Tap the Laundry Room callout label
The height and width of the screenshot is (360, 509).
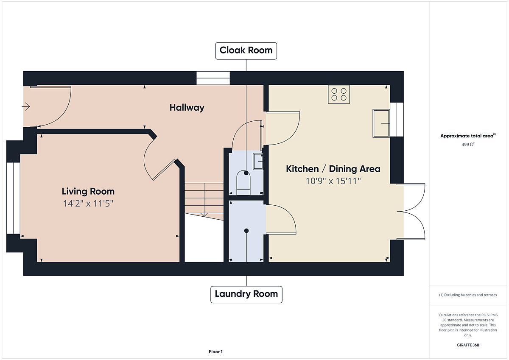coord(246,294)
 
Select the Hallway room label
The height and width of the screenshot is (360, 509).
coord(187,108)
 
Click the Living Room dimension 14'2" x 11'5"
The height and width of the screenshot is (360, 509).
coord(88,204)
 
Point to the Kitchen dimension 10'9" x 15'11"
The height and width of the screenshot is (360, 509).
coord(333,181)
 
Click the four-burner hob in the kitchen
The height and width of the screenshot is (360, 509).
coord(339,94)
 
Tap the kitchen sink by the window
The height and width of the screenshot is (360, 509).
coord(381,123)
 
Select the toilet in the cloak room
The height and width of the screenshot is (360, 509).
coord(243,183)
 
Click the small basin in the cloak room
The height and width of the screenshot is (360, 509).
coord(258,162)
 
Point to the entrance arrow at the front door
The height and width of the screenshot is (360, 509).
coord(26,106)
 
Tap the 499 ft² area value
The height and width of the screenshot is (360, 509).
coord(468,145)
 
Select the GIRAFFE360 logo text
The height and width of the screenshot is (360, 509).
coord(468,345)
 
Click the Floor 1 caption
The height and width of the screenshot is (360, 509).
coord(215,352)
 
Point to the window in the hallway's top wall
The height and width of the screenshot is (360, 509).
coord(213,78)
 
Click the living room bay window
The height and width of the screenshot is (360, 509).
coord(13,198)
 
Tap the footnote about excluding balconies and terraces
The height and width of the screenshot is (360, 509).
coord(468,295)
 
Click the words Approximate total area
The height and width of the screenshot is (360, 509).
coord(467,136)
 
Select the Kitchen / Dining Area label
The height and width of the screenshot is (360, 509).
coord(333,169)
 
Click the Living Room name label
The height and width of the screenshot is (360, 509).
coord(88,191)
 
